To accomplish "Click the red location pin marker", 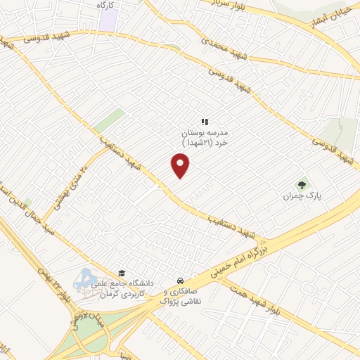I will point(181,166).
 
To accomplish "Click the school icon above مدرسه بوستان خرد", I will point(205,122).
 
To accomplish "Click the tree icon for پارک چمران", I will point(301,184).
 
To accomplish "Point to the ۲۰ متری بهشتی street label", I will point(74,180).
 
